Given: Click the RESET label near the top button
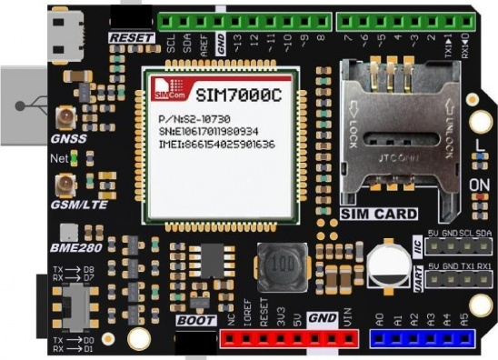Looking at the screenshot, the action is pos(127,37).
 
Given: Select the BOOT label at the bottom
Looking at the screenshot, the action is pos(195,321).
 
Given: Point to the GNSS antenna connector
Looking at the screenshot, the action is pos(66,117).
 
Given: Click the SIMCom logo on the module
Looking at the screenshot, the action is pos(163,89).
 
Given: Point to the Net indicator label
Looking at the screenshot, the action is pos(59,158).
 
